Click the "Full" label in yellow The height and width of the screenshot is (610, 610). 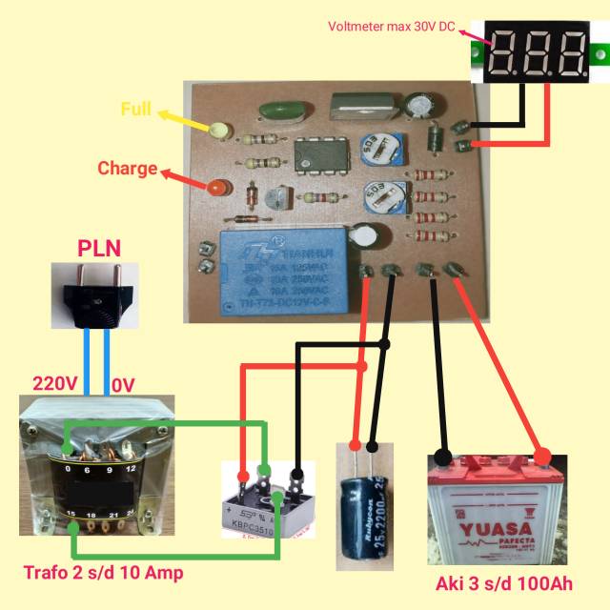135,109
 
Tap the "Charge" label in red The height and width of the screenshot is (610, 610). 127,169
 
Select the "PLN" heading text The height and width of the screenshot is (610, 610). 99,250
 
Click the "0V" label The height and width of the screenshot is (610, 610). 123,384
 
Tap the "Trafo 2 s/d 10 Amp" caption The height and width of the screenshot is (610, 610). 103,573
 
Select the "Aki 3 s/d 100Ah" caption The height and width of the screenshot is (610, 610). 500,583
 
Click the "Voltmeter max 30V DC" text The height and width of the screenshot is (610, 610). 392,26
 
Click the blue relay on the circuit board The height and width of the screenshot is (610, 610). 275,272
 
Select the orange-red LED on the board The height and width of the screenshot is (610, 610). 217,188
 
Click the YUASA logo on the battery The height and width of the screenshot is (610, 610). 490,529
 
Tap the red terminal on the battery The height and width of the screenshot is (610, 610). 543,457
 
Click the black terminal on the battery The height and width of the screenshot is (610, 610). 442,457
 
